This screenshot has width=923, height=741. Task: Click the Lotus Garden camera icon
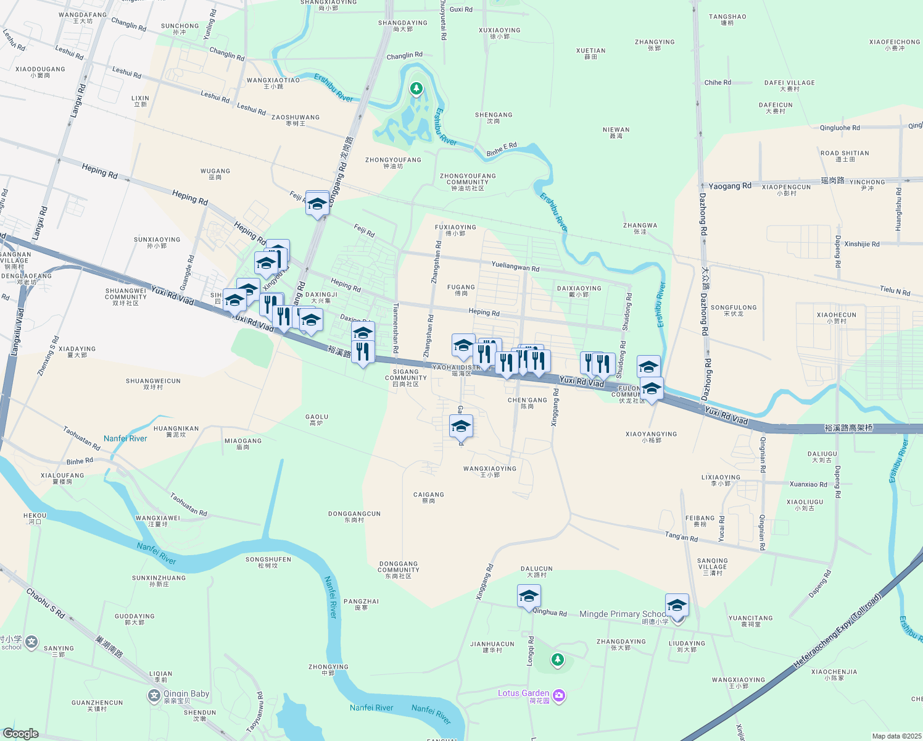(x=559, y=696)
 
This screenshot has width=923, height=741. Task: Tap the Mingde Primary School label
(x=622, y=614)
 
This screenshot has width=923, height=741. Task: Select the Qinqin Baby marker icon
(x=154, y=697)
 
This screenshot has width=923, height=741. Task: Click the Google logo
(x=20, y=734)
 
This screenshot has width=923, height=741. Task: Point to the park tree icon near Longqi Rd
(x=558, y=661)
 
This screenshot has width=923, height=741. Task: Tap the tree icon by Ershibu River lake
(x=416, y=90)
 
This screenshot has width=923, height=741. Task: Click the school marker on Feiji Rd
(x=317, y=204)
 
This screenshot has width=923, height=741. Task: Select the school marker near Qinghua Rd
(x=529, y=597)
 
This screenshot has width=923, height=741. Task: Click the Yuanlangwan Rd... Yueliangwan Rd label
(x=515, y=267)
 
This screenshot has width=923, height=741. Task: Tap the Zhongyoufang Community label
(x=467, y=182)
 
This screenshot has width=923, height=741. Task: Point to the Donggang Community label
(x=399, y=569)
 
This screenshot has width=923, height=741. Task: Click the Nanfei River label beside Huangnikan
(x=125, y=438)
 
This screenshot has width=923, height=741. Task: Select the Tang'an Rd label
(x=681, y=537)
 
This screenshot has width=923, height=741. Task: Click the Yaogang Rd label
(x=730, y=186)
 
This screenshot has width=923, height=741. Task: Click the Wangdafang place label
(x=83, y=17)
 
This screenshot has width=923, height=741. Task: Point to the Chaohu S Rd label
(x=45, y=604)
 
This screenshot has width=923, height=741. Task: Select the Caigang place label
(x=428, y=497)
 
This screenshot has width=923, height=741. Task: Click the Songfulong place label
(x=734, y=310)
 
